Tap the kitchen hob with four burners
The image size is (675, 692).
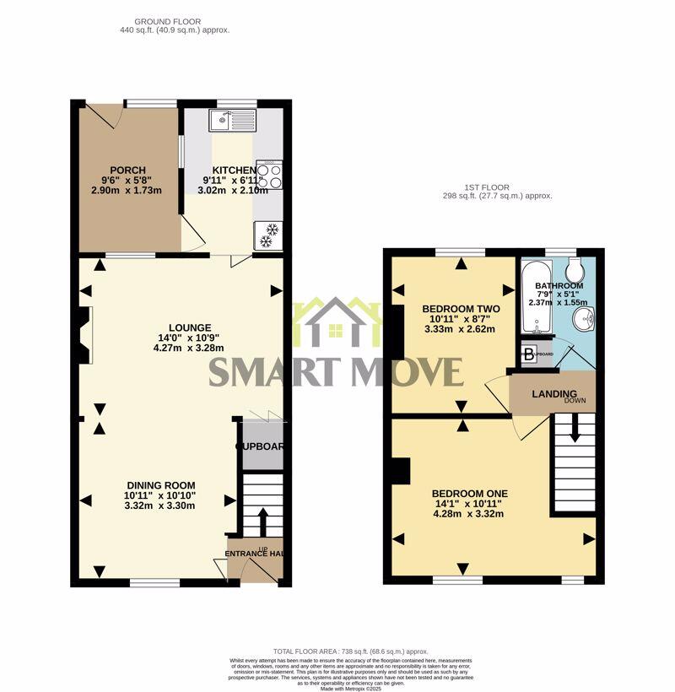(268, 175)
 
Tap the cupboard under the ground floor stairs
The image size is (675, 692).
(261, 446)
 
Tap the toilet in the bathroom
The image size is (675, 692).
(576, 270)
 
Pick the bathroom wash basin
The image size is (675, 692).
(583, 320)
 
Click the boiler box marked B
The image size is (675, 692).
(529, 354)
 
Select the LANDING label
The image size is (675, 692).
(553, 394)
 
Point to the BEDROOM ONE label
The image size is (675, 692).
(470, 494)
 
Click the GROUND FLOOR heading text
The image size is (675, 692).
(175, 20)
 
